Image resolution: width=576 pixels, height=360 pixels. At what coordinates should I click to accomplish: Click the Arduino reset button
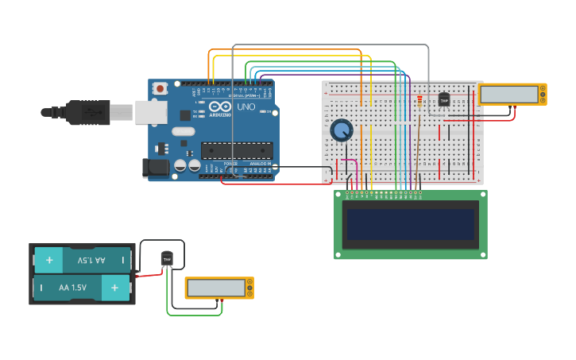(160, 88)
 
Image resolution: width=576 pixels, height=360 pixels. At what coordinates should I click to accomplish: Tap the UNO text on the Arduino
(246, 106)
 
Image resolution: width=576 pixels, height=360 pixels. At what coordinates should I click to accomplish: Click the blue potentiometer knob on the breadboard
(342, 130)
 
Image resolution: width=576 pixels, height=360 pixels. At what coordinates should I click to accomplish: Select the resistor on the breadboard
(419, 100)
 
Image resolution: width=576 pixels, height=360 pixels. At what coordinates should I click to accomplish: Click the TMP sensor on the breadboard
(444, 100)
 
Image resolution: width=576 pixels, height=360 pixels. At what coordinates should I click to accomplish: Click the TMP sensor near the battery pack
(167, 259)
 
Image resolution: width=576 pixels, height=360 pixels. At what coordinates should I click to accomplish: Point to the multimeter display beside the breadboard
(509, 94)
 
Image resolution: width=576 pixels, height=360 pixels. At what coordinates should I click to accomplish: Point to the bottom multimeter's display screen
(216, 287)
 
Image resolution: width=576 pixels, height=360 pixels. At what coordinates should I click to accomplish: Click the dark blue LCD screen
(410, 224)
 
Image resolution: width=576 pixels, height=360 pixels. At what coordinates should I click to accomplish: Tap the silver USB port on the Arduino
(149, 113)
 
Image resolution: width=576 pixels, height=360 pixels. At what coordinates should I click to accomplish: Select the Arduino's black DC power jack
(154, 167)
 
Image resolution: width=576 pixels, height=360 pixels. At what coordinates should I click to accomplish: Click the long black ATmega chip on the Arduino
(237, 149)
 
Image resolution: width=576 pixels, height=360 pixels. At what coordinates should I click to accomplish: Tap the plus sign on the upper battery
(49, 260)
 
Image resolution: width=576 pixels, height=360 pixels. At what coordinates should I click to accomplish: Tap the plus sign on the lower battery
(115, 287)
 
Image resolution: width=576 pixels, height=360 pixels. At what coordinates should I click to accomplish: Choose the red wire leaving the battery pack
(149, 274)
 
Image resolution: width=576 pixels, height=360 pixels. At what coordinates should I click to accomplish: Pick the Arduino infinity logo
(221, 106)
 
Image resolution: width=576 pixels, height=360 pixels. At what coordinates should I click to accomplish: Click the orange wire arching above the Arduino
(286, 50)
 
